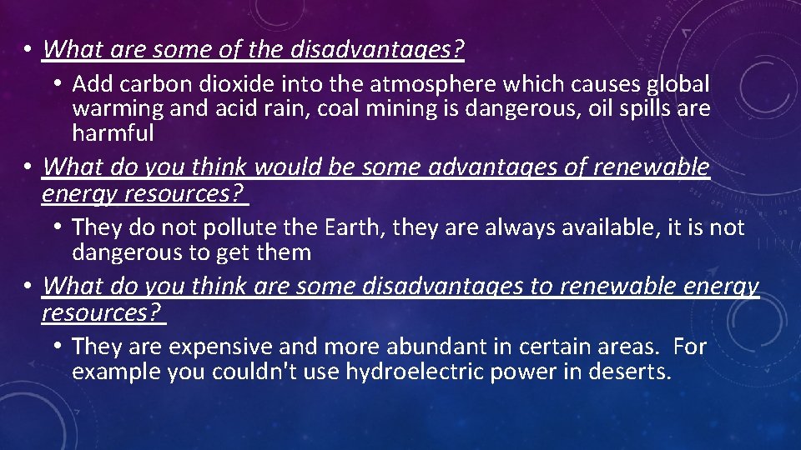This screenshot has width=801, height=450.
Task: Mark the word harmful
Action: coord(113,132)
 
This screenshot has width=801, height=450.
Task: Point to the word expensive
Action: coord(209,347)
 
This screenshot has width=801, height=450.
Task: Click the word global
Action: coord(672,84)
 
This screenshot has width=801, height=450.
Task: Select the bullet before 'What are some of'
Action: coord(28,50)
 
